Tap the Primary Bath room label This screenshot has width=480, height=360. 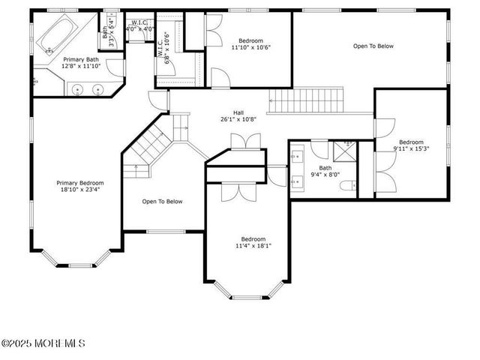pyautogui.click(x=80, y=58)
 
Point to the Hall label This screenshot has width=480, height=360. pyautogui.click(x=238, y=112)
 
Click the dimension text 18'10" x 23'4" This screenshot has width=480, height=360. pyautogui.click(x=81, y=190)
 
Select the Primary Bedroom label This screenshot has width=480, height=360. pyautogui.click(x=81, y=182)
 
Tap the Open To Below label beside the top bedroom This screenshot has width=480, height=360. pyautogui.click(x=373, y=46)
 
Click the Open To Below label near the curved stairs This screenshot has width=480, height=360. pyautogui.click(x=163, y=201)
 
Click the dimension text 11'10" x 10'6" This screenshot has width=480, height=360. pyautogui.click(x=251, y=47)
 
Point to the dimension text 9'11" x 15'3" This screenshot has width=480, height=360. pyautogui.click(x=410, y=148)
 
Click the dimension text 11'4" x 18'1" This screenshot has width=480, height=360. pyautogui.click(x=253, y=245)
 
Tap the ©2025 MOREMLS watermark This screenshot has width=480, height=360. pyautogui.click(x=43, y=343)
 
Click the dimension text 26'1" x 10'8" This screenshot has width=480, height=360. pyautogui.click(x=238, y=119)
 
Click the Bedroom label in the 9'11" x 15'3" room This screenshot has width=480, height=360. pyautogui.click(x=411, y=142)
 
